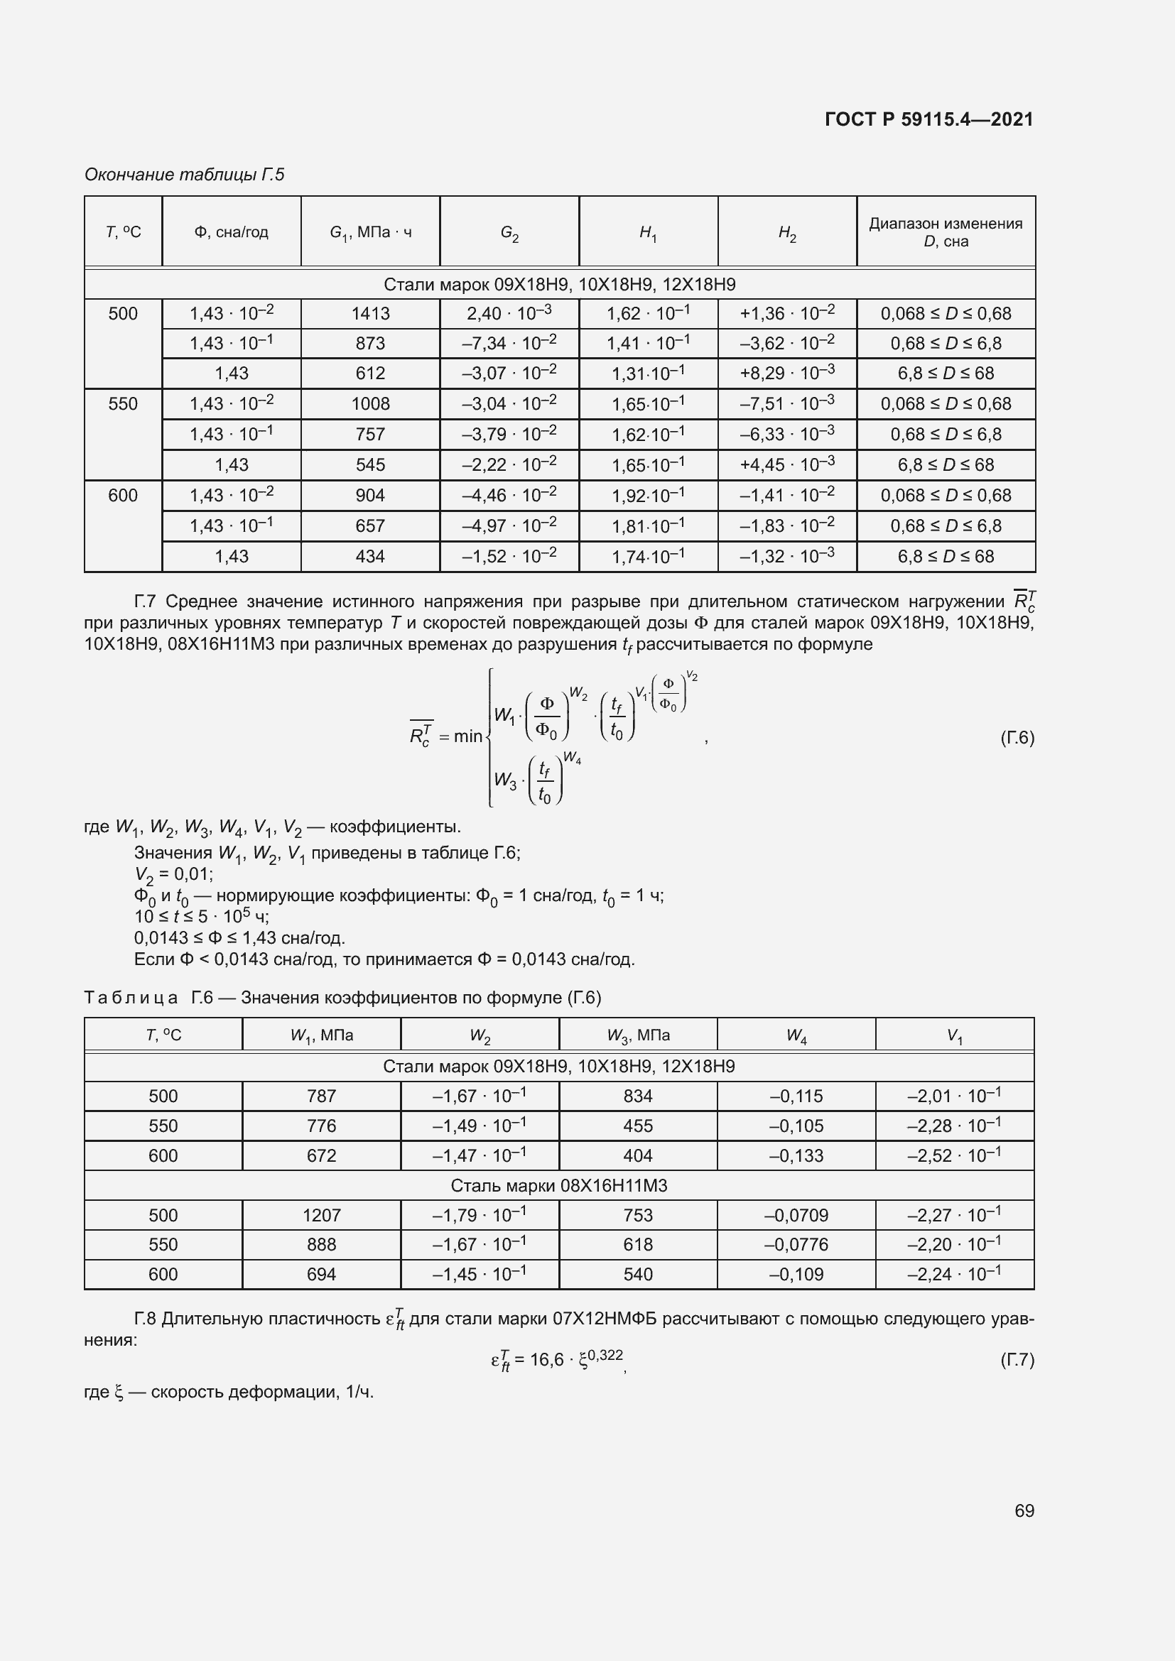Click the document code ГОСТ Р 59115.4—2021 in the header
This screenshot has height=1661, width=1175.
(x=928, y=119)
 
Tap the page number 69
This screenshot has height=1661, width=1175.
(x=1024, y=1510)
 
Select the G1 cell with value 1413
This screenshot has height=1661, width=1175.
(x=370, y=313)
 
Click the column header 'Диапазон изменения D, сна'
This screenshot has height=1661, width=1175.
(x=946, y=232)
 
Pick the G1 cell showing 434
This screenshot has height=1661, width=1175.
(x=370, y=556)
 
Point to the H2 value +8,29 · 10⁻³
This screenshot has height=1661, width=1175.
(x=786, y=373)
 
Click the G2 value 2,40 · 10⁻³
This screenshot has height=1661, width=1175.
(x=509, y=313)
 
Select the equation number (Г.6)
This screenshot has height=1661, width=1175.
(x=1017, y=738)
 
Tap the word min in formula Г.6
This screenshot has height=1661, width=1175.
(x=467, y=736)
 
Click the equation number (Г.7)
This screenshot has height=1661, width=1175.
(x=1017, y=1360)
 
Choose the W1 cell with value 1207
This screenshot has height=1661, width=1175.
(x=321, y=1215)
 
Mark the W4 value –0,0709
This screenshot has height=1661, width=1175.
(x=796, y=1215)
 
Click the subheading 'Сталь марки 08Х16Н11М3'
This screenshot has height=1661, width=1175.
(x=558, y=1186)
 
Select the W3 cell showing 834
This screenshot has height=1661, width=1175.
(x=637, y=1096)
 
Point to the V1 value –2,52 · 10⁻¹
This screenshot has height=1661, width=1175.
(x=953, y=1155)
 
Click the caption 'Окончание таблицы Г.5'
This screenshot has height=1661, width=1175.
(x=185, y=175)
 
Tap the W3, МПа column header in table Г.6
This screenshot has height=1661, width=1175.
(x=637, y=1035)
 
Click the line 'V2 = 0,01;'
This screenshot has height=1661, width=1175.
(x=173, y=875)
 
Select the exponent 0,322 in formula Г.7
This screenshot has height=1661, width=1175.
(x=605, y=1354)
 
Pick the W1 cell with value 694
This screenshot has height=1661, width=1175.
(x=321, y=1274)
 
